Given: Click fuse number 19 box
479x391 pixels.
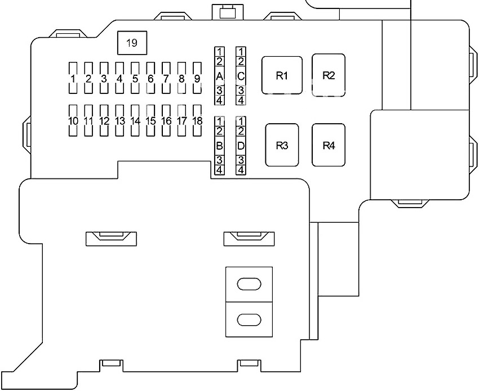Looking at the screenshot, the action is point(132,43).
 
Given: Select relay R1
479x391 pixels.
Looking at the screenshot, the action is point(282,75).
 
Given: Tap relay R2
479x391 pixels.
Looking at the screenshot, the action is point(329,75).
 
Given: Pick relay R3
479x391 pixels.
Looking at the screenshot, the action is point(282,145).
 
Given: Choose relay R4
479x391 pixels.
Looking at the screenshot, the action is point(329,145).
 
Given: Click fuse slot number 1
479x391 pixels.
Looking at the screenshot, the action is point(73,78).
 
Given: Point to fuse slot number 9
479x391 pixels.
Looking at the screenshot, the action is point(197,78).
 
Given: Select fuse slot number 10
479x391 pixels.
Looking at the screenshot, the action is point(73,120).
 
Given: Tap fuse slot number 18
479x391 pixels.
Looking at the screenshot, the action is point(197,120).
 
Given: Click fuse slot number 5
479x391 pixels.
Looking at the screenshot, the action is point(135,78).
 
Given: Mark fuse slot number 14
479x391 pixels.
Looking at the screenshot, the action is point(135,120).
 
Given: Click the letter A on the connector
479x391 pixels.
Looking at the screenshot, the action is point(219,77).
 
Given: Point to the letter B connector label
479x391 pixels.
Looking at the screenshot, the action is point(219,146).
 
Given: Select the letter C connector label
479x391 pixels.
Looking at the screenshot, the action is point(241,77).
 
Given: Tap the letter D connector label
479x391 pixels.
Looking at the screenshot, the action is point(241,146).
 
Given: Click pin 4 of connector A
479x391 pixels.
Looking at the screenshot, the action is point(219,100).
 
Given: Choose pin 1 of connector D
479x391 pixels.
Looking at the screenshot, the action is point(241,121).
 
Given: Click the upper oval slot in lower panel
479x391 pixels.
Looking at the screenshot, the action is point(249,284).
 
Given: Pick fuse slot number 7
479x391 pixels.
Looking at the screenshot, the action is point(166,78).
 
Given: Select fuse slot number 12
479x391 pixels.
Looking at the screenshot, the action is point(104,120).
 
